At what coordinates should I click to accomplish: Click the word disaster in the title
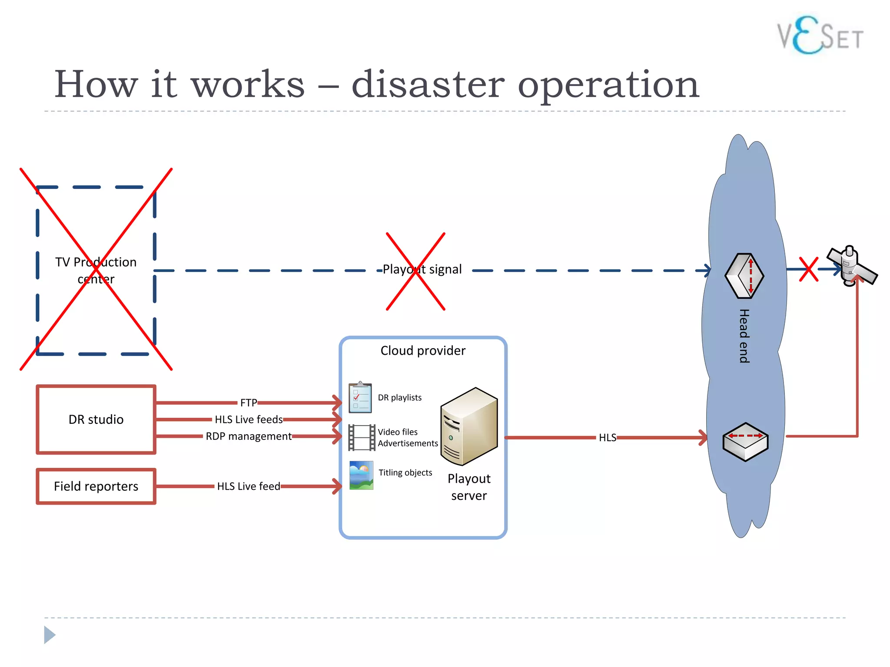428,84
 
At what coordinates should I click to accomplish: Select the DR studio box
96,419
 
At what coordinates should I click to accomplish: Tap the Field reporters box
96,486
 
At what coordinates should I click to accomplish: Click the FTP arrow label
249,403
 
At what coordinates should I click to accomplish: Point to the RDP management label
249,436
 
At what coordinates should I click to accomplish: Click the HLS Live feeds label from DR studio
249,419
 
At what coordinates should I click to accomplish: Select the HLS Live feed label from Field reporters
249,486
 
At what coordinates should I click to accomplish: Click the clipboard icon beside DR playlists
360,397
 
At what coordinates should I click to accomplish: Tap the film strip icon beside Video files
362,438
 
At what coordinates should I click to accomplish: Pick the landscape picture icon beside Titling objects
361,475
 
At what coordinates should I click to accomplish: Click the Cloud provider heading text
423,350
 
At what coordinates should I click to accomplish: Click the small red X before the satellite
808,269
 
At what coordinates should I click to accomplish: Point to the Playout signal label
422,269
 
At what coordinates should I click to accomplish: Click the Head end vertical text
744,336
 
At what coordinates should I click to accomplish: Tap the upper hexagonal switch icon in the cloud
744,276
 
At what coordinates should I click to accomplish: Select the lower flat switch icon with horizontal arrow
745,442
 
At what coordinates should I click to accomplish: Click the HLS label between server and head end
607,438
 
